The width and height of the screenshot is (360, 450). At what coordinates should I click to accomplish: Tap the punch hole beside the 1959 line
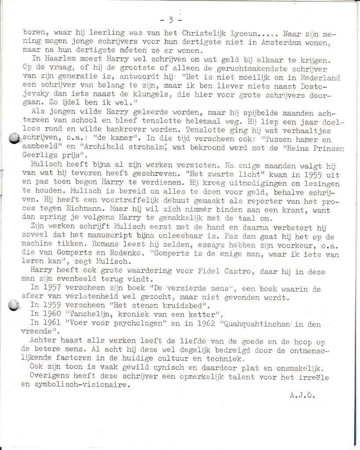[x=15, y=305]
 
